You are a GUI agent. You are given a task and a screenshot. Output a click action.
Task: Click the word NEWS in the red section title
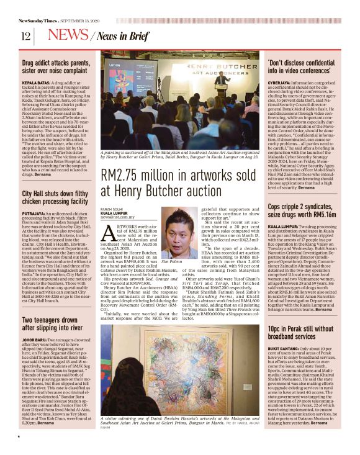coord(68,35)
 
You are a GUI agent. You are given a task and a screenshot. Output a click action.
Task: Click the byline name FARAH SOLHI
coord(112,209)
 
